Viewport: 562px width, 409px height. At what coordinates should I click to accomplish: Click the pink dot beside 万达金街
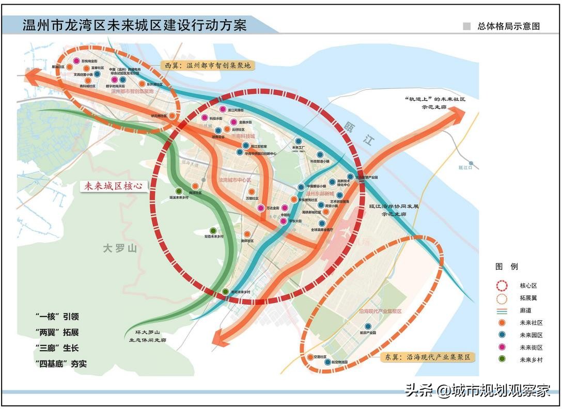pos(261,208)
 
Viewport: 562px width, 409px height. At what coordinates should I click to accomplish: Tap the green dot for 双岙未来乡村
pos(213,231)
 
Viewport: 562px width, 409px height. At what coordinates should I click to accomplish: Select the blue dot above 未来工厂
pos(298,141)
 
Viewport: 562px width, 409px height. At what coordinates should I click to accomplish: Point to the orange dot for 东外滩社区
pos(142,84)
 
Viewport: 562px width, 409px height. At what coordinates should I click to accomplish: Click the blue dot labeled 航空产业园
pos(368,326)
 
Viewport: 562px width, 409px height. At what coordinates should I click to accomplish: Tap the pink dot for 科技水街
pos(205,118)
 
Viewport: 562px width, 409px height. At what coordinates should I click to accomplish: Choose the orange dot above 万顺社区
pos(252,192)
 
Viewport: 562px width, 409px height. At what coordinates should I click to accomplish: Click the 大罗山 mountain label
pos(119,249)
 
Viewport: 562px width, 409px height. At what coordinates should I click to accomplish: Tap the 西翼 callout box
pos(208,66)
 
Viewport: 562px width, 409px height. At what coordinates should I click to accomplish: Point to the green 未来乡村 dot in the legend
pos(502,359)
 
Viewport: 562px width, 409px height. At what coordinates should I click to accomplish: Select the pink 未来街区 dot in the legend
pos(502,347)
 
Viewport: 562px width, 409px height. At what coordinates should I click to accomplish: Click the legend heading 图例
pos(506,266)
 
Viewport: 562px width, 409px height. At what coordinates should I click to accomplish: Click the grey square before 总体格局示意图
pos(467,26)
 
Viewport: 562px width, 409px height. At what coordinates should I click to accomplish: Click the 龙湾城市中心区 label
pos(235,180)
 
